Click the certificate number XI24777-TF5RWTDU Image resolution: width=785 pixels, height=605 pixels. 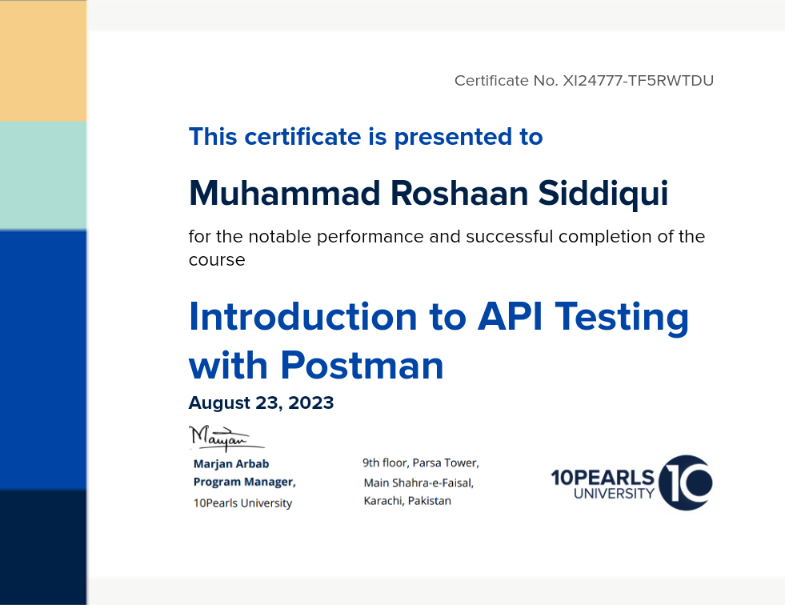click(x=639, y=81)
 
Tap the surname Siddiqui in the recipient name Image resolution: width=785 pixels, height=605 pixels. click(x=603, y=194)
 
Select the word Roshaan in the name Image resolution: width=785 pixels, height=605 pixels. click(x=459, y=194)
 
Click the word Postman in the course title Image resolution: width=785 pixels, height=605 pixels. click(x=362, y=365)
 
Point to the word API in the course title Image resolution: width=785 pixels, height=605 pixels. click(x=511, y=317)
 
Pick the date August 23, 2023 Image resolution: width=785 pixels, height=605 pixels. click(x=261, y=403)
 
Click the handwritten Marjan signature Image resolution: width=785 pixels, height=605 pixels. click(x=226, y=438)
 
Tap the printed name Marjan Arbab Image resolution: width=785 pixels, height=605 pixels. click(x=231, y=464)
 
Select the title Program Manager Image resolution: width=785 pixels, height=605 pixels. click(x=244, y=482)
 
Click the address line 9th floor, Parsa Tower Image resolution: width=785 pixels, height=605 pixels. click(x=421, y=463)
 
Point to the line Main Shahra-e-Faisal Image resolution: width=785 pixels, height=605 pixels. click(x=419, y=483)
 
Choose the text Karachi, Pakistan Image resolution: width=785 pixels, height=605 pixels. click(x=407, y=501)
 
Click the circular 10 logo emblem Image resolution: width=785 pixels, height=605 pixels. click(x=685, y=483)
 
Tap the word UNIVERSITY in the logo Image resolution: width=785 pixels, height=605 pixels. click(x=614, y=494)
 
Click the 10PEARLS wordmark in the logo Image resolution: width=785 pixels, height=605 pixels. click(x=603, y=477)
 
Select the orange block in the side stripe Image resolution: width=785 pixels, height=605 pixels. click(x=43, y=61)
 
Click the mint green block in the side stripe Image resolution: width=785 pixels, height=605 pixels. click(x=43, y=176)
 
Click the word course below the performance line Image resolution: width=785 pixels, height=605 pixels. click(x=217, y=260)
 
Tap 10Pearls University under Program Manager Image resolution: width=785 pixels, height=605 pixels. click(x=242, y=503)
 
